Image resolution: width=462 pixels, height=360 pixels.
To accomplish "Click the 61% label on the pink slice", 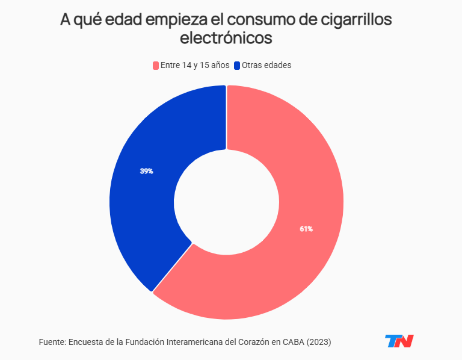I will (306, 229).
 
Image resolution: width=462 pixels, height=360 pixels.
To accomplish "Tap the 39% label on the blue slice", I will (146, 171).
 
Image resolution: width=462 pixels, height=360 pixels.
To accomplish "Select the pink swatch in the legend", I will (156, 65).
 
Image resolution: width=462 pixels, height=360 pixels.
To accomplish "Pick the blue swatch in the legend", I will (237, 65).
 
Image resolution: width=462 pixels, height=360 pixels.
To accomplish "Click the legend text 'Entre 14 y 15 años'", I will (194, 65).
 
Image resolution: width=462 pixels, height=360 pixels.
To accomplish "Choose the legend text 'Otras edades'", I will (266, 65).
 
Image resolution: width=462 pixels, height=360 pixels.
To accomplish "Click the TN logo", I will (399, 341).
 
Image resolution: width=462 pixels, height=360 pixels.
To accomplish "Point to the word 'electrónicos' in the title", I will (226, 38).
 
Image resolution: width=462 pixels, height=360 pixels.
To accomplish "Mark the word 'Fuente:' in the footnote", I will (52, 342).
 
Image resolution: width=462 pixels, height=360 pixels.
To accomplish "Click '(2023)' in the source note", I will (319, 342).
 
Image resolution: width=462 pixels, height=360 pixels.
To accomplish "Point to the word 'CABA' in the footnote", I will (293, 342).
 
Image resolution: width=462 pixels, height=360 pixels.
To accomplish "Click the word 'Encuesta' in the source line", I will (87, 342).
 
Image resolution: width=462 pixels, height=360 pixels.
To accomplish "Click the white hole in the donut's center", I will (226, 202).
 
